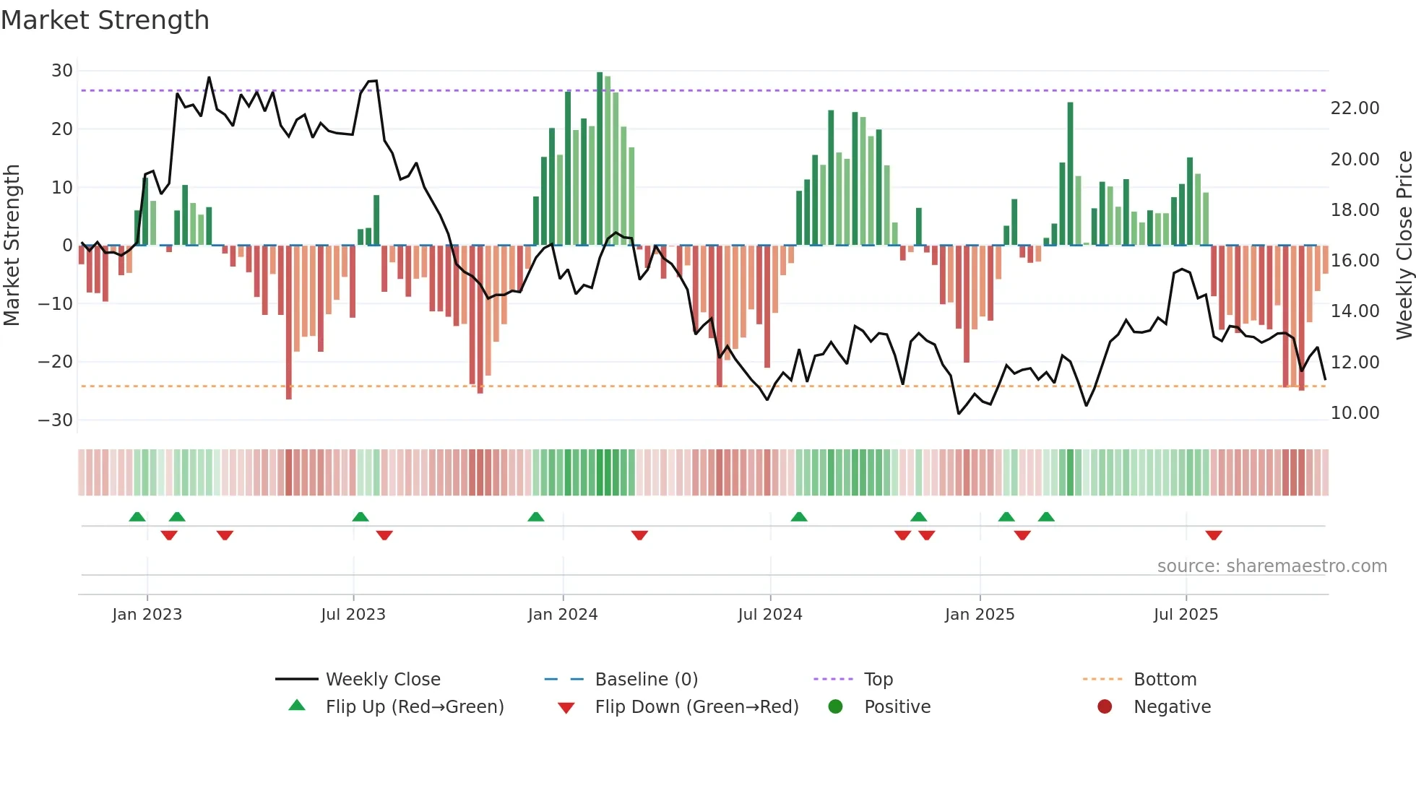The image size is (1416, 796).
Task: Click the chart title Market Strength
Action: (105, 20)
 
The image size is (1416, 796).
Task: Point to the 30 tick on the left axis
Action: (62, 71)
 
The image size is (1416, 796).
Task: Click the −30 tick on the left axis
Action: (56, 420)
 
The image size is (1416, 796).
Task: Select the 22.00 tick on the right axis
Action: (1355, 108)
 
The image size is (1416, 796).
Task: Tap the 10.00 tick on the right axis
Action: (1355, 413)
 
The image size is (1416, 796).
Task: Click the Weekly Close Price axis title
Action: (1404, 246)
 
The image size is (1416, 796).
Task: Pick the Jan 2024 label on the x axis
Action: (563, 615)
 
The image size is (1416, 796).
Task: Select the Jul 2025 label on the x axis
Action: (1186, 615)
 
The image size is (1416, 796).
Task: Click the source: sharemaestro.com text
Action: (1272, 566)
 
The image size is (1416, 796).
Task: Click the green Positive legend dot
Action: (836, 707)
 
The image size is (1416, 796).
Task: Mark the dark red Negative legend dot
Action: (1105, 707)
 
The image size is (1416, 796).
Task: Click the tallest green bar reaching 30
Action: (600, 159)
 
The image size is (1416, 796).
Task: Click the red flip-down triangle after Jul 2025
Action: (1214, 535)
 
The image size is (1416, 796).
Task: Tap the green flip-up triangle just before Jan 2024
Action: (536, 517)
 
